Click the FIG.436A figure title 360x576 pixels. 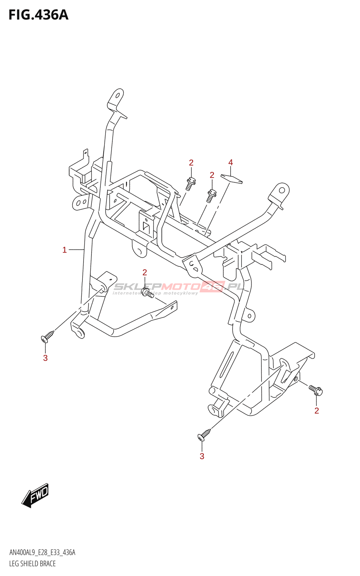tap(38, 15)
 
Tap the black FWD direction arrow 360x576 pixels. tap(35, 495)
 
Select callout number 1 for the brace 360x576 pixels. tap(64, 250)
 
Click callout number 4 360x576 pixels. tap(230, 162)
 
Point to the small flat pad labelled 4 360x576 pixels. tap(231, 179)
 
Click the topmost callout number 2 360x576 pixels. tap(191, 163)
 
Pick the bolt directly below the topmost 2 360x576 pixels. tap(190, 183)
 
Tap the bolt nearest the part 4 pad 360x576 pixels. tap(211, 195)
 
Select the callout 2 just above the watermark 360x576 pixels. tap(145, 273)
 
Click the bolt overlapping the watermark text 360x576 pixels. tap(147, 293)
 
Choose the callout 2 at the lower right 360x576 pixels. tap(316, 411)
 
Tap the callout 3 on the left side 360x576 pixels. tap(45, 358)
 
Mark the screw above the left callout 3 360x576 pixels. tap(48, 336)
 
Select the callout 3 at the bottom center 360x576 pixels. tap(202, 456)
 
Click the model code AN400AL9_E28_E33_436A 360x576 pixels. tap(42, 553)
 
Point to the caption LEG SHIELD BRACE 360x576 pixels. tap(32, 564)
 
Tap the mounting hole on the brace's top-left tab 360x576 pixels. tap(117, 95)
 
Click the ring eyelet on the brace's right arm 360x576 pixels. tap(282, 190)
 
